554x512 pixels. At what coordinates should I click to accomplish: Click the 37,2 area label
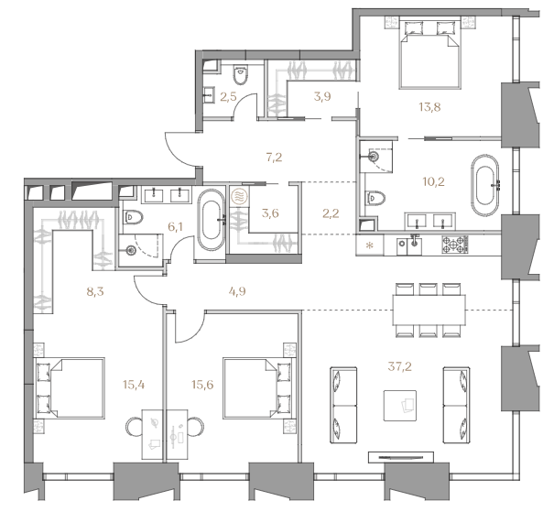[399, 366]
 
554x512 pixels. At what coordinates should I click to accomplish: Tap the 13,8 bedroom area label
[429, 107]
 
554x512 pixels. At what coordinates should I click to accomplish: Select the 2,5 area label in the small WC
[228, 96]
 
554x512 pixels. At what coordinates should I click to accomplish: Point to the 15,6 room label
[202, 385]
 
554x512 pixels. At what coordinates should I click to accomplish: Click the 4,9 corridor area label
[237, 291]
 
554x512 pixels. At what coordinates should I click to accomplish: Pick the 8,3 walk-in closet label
[95, 292]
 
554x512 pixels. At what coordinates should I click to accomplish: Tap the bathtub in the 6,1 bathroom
[211, 221]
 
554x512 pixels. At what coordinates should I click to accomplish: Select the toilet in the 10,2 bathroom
[375, 198]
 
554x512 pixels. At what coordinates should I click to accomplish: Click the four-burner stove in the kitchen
[455, 245]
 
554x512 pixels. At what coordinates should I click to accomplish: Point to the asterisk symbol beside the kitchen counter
[370, 245]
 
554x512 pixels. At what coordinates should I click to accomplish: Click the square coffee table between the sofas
[400, 405]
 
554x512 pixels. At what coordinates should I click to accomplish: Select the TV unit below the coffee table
[401, 457]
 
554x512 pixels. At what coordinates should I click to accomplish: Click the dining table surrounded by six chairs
[429, 310]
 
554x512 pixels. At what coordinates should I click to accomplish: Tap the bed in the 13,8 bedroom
[429, 53]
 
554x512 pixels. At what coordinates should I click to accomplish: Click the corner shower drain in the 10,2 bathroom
[374, 156]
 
